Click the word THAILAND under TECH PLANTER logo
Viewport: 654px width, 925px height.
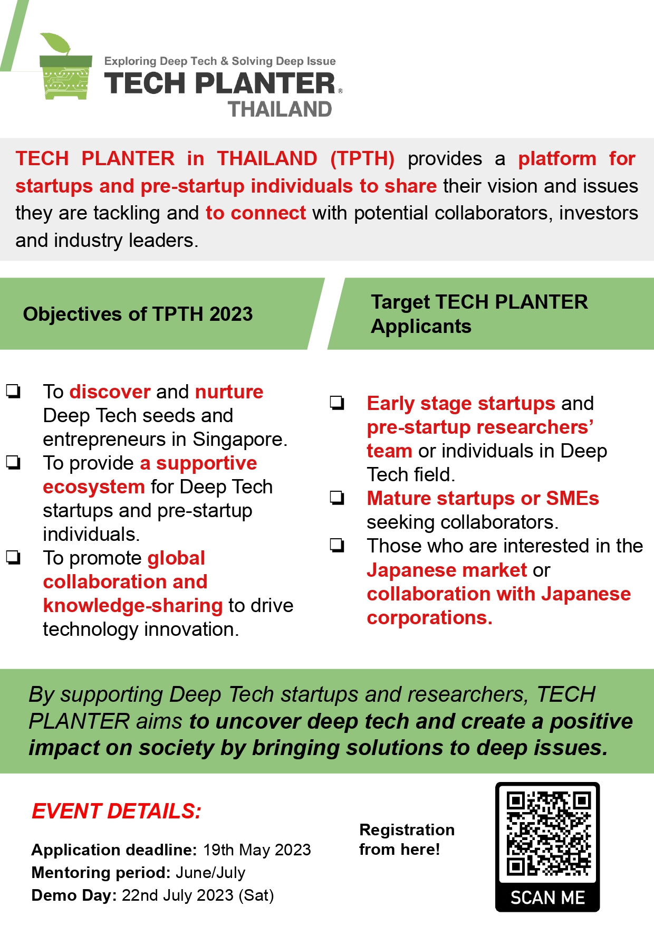coord(280,109)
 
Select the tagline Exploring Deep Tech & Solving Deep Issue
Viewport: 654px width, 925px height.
coord(220,61)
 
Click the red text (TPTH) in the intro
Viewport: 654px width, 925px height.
coord(362,158)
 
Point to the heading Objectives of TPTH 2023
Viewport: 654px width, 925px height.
coord(138,314)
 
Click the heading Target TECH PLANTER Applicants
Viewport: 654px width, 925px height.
coord(479,314)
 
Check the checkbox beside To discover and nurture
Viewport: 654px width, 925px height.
coord(13,391)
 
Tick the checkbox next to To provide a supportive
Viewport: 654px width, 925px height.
coord(13,463)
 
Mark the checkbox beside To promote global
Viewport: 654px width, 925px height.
coord(13,558)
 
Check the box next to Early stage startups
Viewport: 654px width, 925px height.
coord(337,403)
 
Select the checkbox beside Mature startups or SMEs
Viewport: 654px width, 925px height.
coord(337,498)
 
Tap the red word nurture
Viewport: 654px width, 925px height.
coord(229,392)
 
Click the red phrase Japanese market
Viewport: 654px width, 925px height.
coord(447,570)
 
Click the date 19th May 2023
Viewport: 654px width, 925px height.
coord(257,850)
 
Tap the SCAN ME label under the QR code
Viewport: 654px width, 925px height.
coord(547,898)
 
